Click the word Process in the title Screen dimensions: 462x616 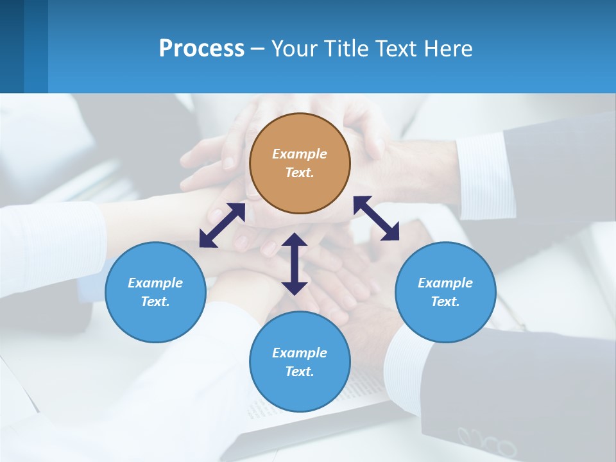(201, 49)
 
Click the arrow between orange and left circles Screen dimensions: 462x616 (222, 225)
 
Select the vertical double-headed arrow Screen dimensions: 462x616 (295, 264)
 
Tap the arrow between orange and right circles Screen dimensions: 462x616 (376, 218)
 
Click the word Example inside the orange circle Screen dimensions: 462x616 (300, 154)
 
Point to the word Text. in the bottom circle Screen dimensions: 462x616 (300, 372)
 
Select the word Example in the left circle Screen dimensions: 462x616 (155, 283)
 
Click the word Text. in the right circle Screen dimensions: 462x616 (445, 302)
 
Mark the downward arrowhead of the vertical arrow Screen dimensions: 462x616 (295, 287)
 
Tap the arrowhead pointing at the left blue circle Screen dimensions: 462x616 (207, 240)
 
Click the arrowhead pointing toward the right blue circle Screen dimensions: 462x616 (391, 233)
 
